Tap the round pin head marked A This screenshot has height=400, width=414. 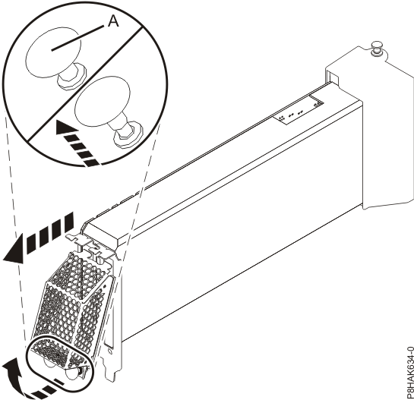click(x=49, y=51)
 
